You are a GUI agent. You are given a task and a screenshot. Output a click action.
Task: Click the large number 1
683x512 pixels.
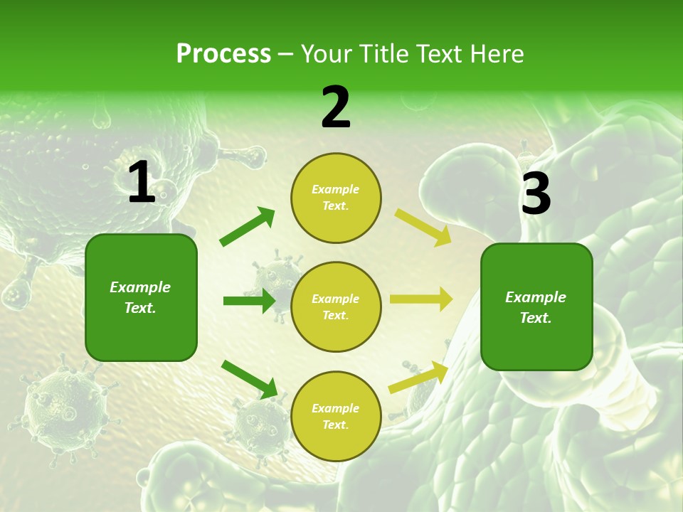pyautogui.click(x=142, y=183)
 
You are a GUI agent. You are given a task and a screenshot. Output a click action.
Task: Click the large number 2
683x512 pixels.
pyautogui.click(x=336, y=107)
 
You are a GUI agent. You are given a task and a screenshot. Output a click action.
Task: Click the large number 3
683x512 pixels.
pyautogui.click(x=536, y=194)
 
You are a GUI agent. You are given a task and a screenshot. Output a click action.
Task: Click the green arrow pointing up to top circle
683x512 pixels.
pyautogui.click(x=247, y=227)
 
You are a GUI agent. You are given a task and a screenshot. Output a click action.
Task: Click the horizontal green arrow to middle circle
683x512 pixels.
pyautogui.click(x=249, y=301)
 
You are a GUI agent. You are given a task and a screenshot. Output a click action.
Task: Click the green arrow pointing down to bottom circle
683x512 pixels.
pyautogui.click(x=249, y=379)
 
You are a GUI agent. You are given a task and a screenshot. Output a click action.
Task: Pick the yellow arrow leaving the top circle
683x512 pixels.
pyautogui.click(x=423, y=227)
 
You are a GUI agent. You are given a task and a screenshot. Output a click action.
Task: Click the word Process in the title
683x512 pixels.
pyautogui.click(x=223, y=54)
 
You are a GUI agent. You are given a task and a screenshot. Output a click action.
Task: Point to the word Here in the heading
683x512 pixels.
pyautogui.click(x=496, y=54)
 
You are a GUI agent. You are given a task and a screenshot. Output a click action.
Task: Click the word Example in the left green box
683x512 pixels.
pyautogui.click(x=140, y=287)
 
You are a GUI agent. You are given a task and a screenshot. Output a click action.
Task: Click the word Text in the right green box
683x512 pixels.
pyautogui.click(x=535, y=318)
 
